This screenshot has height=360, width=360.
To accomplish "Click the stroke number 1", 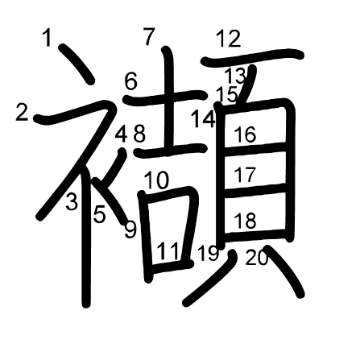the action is point(48,38).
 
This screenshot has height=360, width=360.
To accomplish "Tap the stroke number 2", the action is point(22,112).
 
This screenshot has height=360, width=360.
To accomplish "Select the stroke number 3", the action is point(72,201).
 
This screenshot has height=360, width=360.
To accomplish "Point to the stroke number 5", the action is point(99,214).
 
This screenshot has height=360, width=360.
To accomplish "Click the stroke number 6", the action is point(131,81).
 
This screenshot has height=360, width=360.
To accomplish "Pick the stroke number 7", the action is point(150,36).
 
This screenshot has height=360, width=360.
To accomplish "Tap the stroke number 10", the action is point(157,180).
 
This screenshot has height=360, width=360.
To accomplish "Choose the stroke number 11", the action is point(168,251).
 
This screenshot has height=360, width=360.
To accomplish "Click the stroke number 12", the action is point(229,39).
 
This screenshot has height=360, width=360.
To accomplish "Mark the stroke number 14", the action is point(203,118).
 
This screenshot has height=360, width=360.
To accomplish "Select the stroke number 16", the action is point(245,134).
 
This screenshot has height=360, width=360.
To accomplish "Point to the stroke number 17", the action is point(245,175).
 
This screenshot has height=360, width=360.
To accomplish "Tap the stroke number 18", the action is point(245,220).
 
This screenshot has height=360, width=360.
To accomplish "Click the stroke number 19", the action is point(209,253).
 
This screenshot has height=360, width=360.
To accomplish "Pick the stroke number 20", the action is point(257,257).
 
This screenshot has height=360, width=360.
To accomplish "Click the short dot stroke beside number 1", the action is point(77,64).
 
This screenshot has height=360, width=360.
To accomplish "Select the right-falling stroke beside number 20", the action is point(284,270).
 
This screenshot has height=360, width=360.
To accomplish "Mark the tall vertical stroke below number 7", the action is point(168,101).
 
